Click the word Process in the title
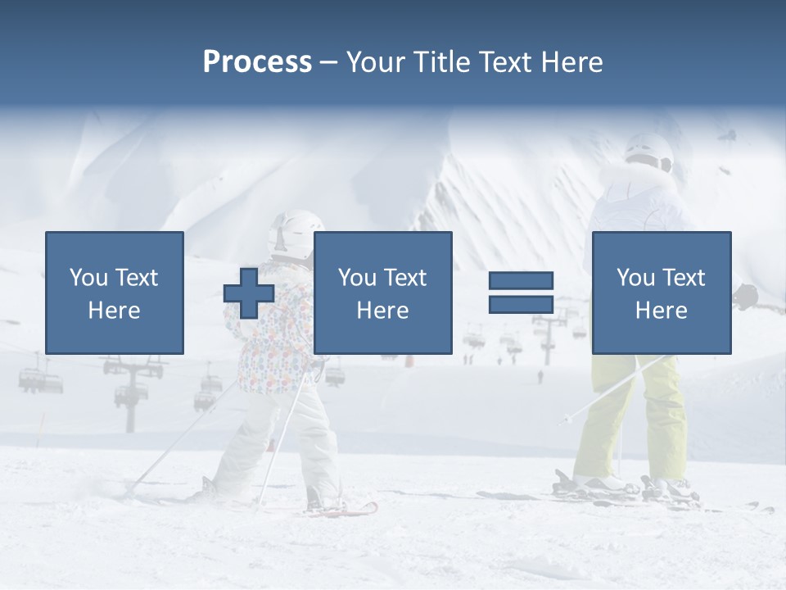click(x=257, y=62)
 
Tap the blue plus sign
click(x=249, y=293)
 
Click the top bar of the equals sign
click(x=521, y=280)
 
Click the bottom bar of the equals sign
click(x=521, y=304)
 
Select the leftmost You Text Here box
click(x=114, y=293)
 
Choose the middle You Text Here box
click(x=382, y=293)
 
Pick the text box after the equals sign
click(x=661, y=293)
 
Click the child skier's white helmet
click(x=295, y=229)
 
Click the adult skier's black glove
click(x=746, y=296)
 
